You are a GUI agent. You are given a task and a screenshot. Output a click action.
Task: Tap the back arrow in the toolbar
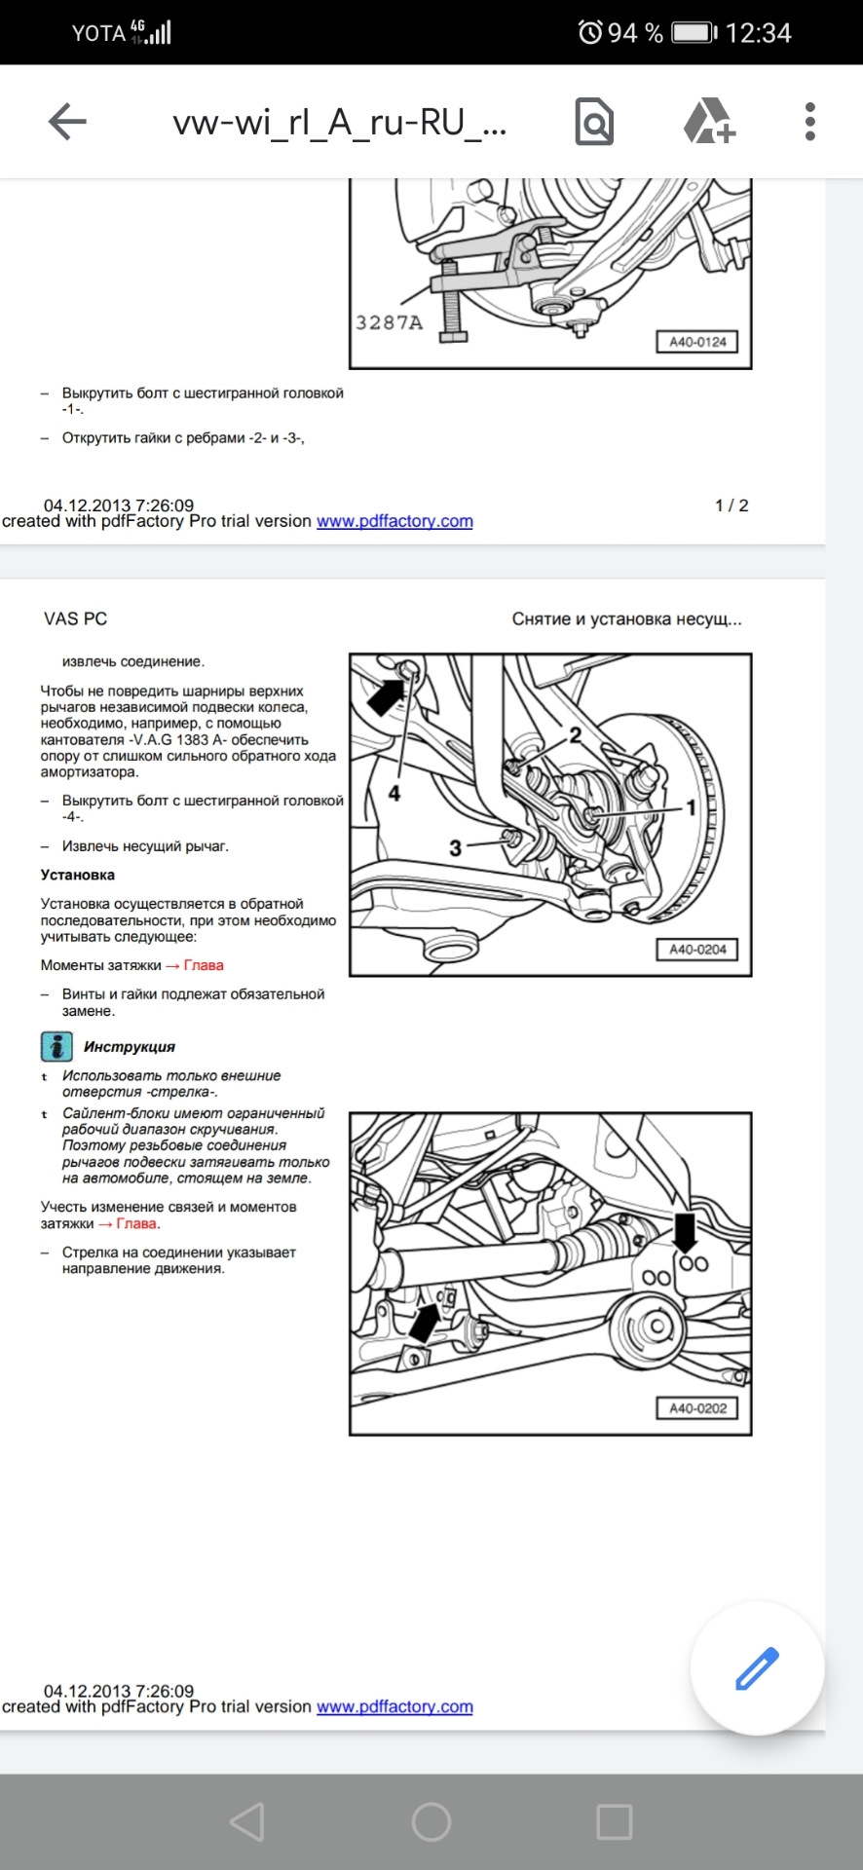pos(67,122)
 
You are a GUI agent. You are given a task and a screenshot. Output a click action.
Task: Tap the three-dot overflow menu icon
pos(809,122)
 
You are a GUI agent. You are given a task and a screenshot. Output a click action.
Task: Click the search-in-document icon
pos(594,122)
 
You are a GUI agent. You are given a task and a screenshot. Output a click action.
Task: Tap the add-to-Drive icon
pos(708,122)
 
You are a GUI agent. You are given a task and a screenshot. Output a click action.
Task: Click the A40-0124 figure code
pos(697,342)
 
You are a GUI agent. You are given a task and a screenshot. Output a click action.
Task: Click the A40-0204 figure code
pos(697,950)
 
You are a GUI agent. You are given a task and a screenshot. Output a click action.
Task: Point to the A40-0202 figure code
pos(697,1408)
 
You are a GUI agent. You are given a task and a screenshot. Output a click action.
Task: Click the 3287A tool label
pos(390,322)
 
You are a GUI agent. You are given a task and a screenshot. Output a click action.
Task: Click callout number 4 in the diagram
pos(394,794)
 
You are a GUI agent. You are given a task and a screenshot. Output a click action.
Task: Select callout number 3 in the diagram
pos(455,848)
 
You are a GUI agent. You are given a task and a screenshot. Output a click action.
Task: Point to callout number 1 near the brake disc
pos(691,807)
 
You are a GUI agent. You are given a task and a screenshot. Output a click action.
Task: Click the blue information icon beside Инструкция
pos(56,1046)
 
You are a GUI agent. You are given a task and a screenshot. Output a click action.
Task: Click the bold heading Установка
pos(78,875)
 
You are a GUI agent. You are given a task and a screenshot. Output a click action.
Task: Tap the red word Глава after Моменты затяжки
pos(204,965)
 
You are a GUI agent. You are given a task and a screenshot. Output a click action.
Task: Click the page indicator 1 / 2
pos(732,505)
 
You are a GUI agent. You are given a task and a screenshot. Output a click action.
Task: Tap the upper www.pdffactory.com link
pos(394,521)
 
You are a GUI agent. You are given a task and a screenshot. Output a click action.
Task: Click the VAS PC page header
pos(75,618)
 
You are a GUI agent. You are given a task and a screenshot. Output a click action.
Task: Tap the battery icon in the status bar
pos(694,33)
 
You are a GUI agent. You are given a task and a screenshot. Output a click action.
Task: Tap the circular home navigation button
pos(431,1821)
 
